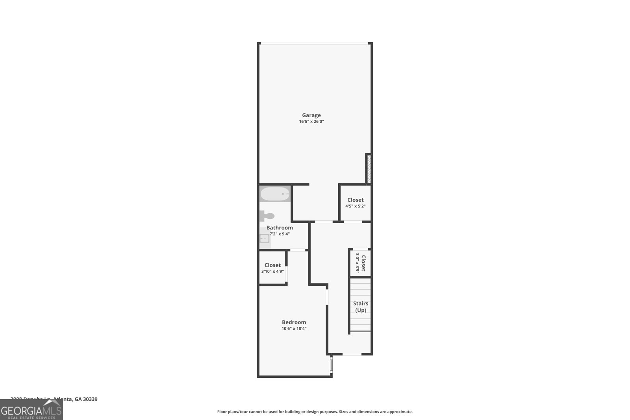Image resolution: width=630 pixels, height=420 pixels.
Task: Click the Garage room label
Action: (x=311, y=115)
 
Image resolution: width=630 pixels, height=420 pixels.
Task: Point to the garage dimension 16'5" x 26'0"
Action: (x=311, y=122)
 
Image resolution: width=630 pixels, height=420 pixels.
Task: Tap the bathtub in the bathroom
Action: (x=275, y=194)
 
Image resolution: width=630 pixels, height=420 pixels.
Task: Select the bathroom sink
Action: (x=264, y=239)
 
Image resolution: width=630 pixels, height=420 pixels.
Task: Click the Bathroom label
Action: (x=280, y=228)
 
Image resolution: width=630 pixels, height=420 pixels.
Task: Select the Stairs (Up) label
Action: (x=361, y=307)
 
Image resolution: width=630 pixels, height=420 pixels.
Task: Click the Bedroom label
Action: (x=294, y=322)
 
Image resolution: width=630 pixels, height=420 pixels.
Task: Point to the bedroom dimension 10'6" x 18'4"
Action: (x=294, y=329)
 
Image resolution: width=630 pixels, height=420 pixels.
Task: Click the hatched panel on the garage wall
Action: (x=369, y=169)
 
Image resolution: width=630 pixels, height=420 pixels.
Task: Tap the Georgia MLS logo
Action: (x=31, y=410)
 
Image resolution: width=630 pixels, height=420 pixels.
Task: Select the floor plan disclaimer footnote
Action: (x=315, y=412)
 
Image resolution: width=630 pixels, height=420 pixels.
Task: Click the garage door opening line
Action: (x=315, y=43)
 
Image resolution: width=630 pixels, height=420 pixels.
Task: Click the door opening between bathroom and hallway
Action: (x=298, y=250)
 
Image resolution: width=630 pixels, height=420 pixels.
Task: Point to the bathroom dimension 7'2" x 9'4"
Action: (x=280, y=234)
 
